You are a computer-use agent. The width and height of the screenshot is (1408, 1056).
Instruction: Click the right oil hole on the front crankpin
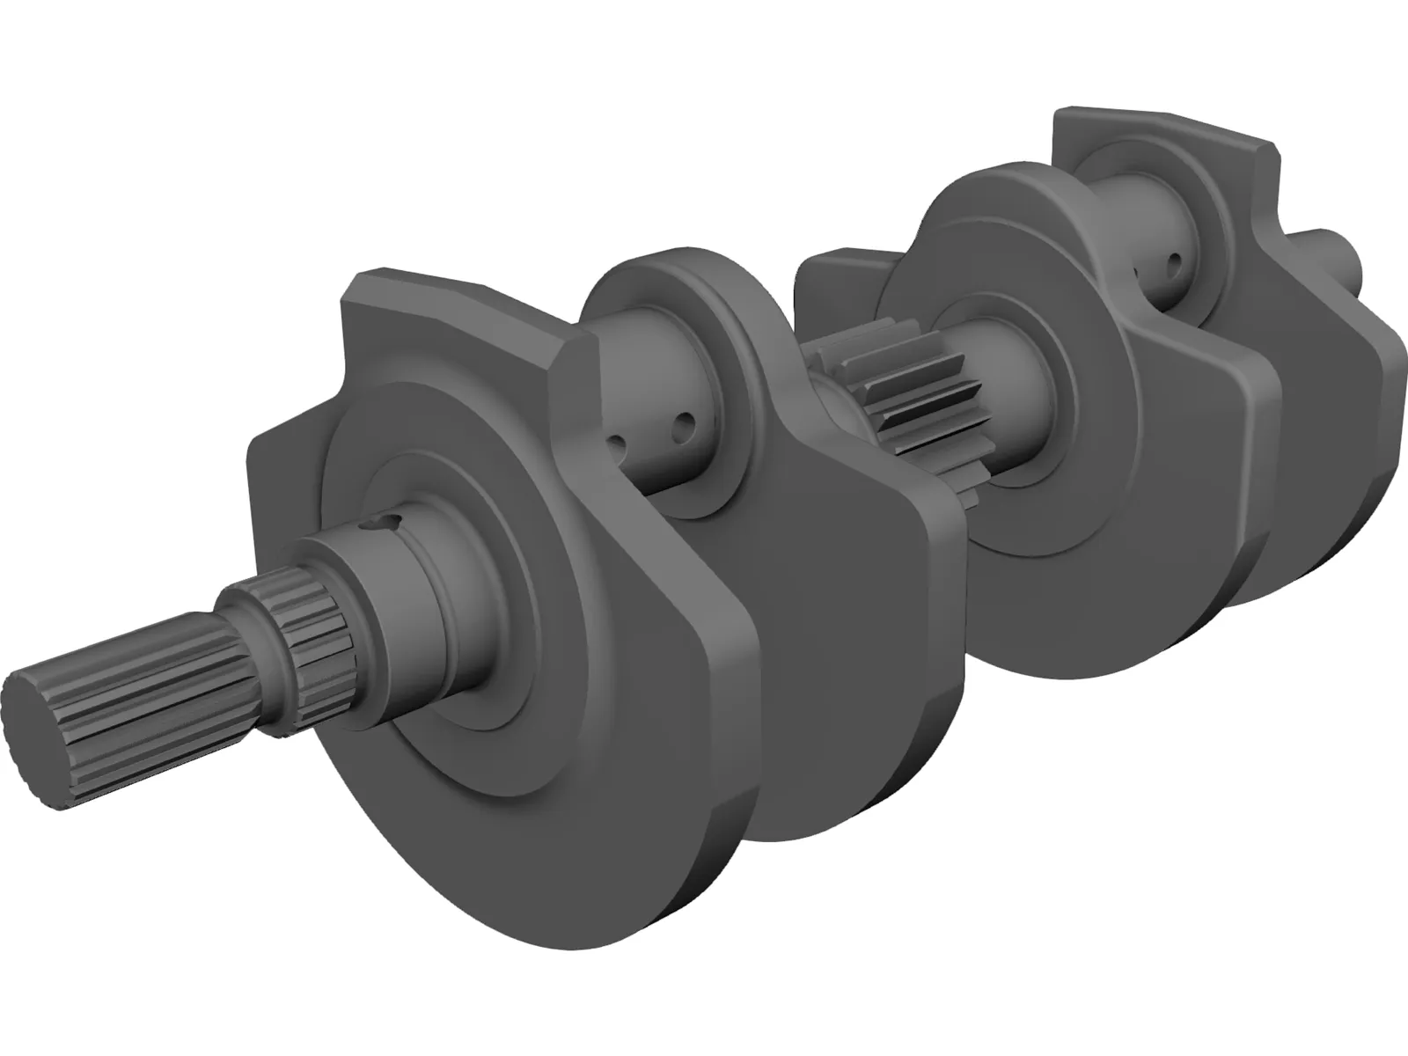pos(681,430)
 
